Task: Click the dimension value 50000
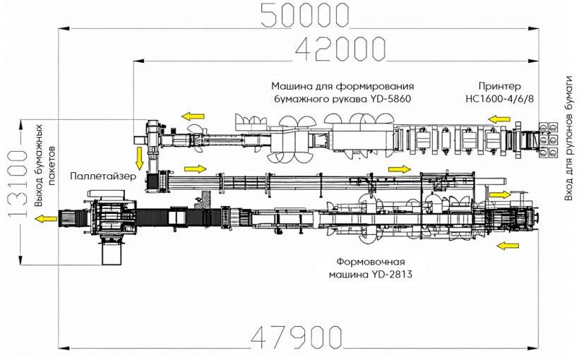(304, 15)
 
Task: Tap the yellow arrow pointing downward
(139, 155)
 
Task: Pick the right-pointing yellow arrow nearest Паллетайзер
(196, 169)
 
